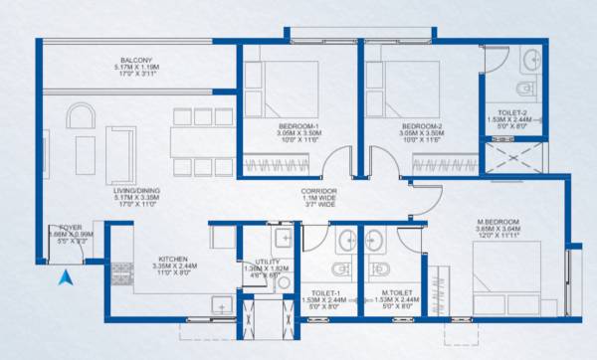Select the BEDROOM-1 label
click(x=298, y=126)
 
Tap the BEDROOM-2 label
click(x=421, y=126)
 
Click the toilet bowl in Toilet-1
click(x=339, y=270)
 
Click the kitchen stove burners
click(x=123, y=273)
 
